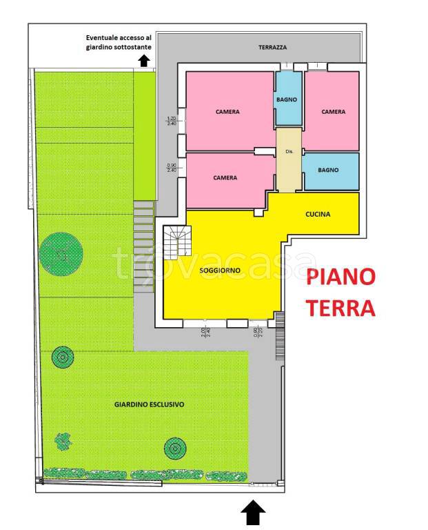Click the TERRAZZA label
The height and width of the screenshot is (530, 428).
point(272,48)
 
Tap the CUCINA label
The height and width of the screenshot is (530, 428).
point(318,214)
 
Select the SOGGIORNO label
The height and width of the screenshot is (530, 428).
point(220,271)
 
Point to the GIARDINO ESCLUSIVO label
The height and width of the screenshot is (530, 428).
point(149,404)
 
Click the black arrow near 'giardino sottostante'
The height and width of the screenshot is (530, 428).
point(143,61)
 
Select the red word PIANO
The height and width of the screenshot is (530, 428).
point(341,278)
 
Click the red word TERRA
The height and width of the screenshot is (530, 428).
point(341,308)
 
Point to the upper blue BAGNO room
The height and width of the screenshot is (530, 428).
point(287,99)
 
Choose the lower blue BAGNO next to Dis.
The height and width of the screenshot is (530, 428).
point(331,170)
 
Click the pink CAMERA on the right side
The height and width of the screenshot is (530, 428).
point(333,111)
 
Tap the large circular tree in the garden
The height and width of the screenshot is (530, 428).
point(62,254)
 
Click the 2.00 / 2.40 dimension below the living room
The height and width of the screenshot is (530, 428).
point(204,331)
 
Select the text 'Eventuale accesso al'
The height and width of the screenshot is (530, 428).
point(116,37)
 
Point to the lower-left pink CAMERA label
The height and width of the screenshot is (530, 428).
point(225,177)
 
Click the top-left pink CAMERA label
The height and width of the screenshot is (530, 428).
point(227,111)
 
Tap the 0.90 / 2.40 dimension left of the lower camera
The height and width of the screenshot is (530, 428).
point(171,167)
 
